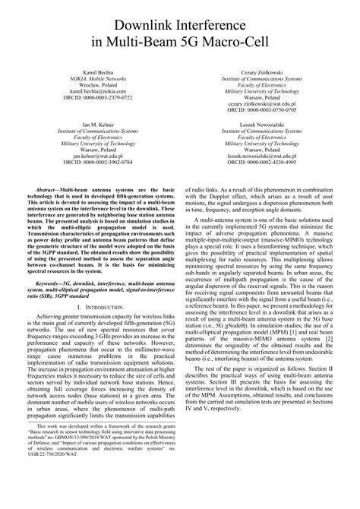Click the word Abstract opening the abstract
click(50, 185)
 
